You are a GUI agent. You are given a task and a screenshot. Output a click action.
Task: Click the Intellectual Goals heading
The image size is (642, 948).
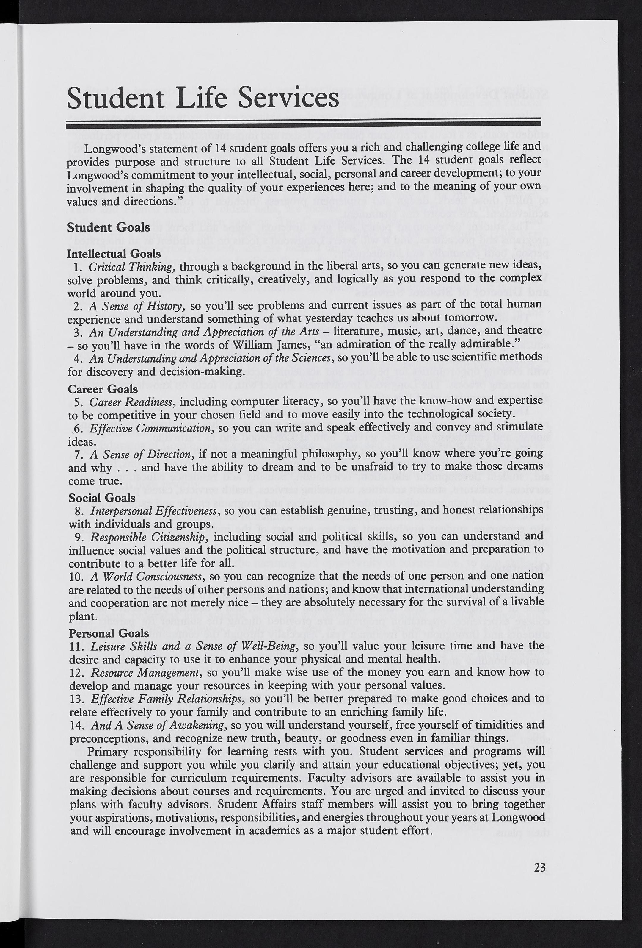point(114,254)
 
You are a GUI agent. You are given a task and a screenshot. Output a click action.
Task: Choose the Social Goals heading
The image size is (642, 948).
point(102,498)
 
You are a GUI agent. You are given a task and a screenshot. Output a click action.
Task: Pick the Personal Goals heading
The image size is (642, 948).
point(109,633)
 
